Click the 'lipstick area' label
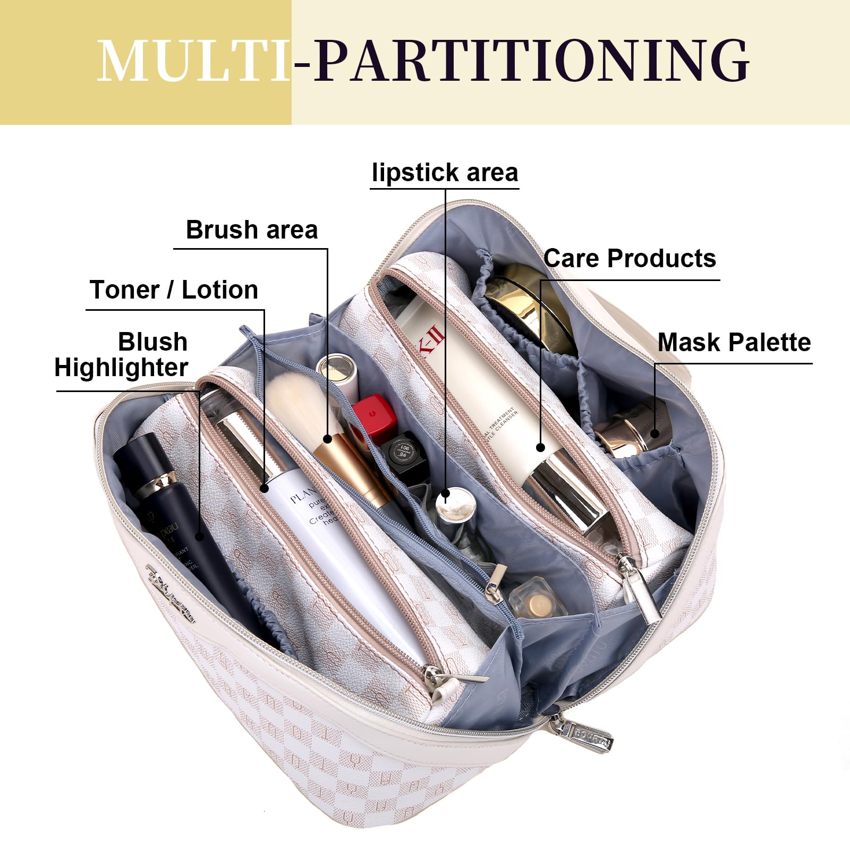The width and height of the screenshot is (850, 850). [x=445, y=173]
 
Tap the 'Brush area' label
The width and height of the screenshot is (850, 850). [x=252, y=231]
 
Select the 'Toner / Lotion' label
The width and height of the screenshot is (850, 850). [x=174, y=291]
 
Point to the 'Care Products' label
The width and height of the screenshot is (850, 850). [x=630, y=259]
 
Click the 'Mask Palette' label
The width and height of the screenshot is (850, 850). [x=734, y=343]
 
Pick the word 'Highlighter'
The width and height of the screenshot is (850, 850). [x=121, y=368]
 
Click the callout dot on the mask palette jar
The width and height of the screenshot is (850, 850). [x=655, y=433]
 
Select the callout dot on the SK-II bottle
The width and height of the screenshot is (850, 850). [x=540, y=447]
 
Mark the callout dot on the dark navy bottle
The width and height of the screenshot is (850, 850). [x=200, y=536]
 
